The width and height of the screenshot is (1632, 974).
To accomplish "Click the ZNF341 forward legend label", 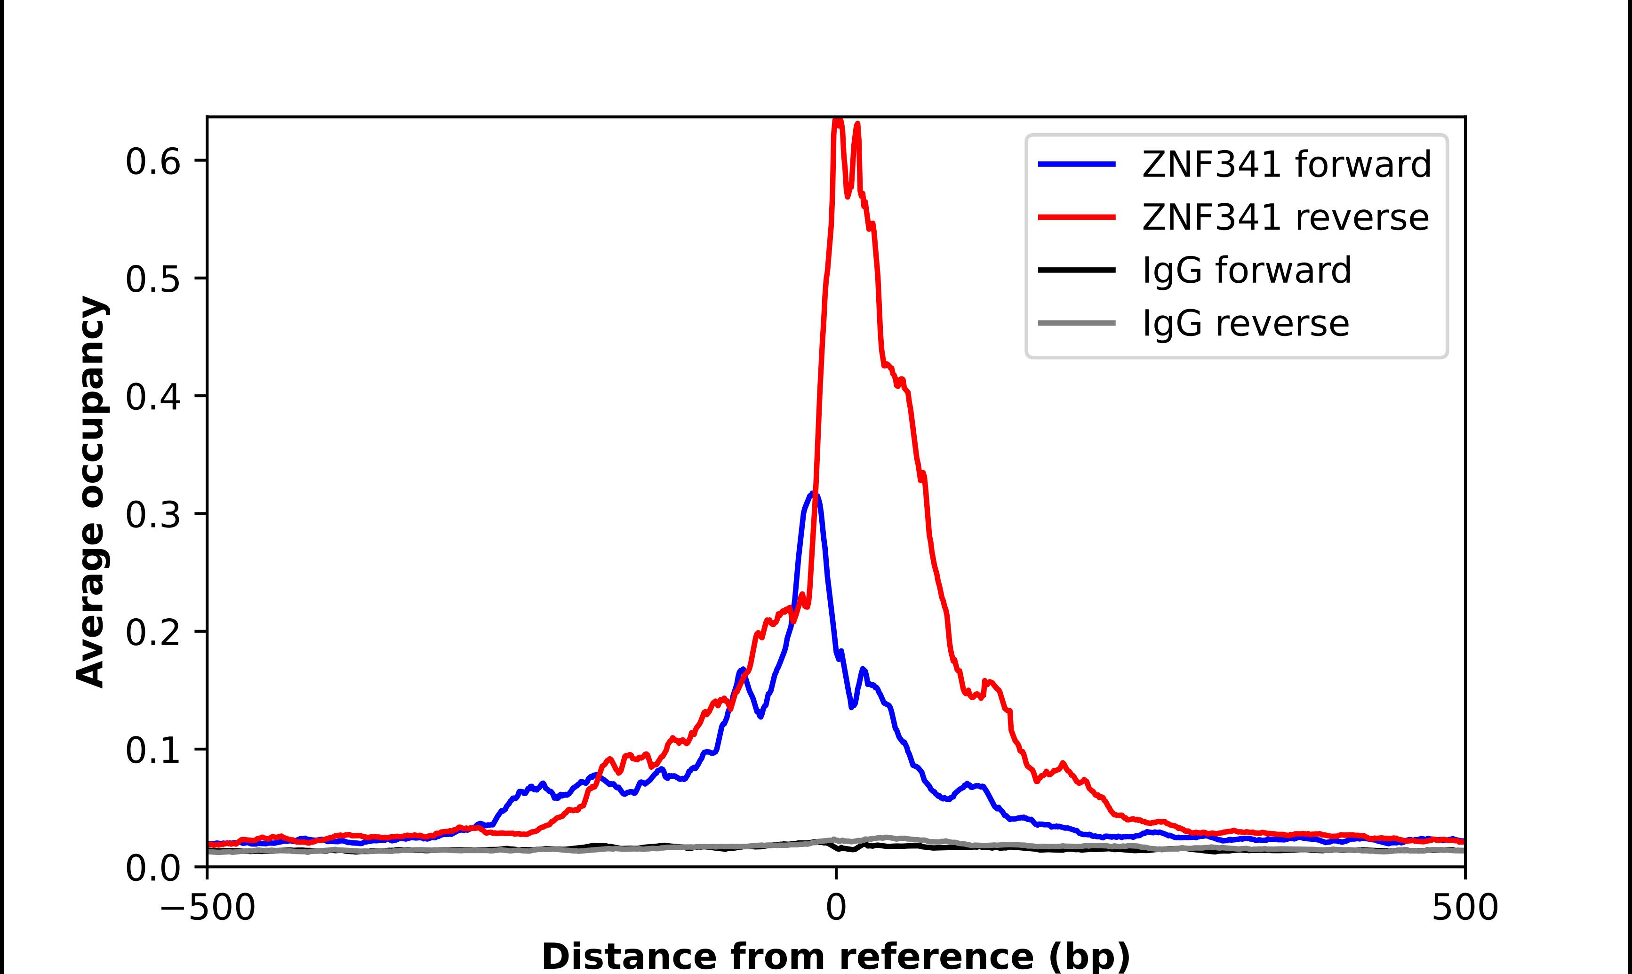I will click(1286, 164).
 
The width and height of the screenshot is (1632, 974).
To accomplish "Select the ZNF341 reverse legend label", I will click(1285, 217).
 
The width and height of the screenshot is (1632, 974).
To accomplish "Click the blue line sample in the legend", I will click(1076, 164).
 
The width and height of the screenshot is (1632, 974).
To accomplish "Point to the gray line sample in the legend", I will click(1076, 323).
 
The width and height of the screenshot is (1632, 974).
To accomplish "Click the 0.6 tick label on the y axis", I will click(152, 161).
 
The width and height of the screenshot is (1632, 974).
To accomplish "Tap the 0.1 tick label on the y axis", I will click(152, 750).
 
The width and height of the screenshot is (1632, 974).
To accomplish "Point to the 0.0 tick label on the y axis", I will click(152, 868).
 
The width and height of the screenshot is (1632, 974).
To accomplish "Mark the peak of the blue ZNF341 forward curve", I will click(814, 494).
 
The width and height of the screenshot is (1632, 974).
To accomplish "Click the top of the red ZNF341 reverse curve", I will click(838, 120).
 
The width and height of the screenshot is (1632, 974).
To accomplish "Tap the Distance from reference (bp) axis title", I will click(835, 956).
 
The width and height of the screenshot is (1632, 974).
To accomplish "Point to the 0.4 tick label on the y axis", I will click(152, 397).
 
